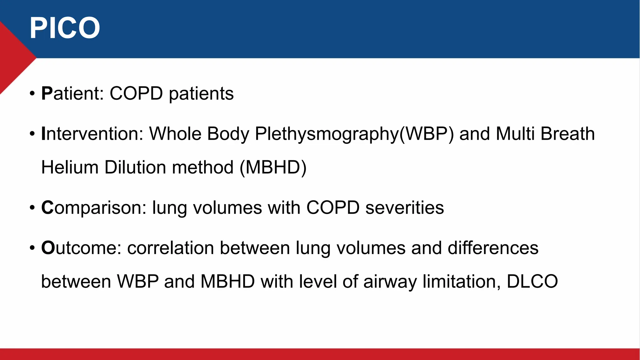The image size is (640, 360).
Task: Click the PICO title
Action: pyautogui.click(x=65, y=28)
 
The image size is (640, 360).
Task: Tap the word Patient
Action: pyautogui.click(x=72, y=93)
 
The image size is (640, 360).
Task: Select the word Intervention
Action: pyautogui.click(x=92, y=134)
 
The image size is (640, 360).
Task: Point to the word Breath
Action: pyautogui.click(x=567, y=134)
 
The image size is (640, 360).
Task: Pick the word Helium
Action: pyautogui.click(x=70, y=167)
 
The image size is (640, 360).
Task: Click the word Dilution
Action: pyautogui.click(x=135, y=167)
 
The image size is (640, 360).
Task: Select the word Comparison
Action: pyautogui.click(x=93, y=208)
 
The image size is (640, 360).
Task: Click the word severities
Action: pyautogui.click(x=404, y=208)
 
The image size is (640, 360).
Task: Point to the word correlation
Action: pyautogui.click(x=170, y=248)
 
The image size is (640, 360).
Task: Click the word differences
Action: pyautogui.click(x=493, y=248)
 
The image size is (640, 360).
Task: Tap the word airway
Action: pyautogui.click(x=390, y=282)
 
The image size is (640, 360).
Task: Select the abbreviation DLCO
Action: pyautogui.click(x=532, y=281)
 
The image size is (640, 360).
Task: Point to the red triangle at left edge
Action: pyautogui.click(x=12, y=58)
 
